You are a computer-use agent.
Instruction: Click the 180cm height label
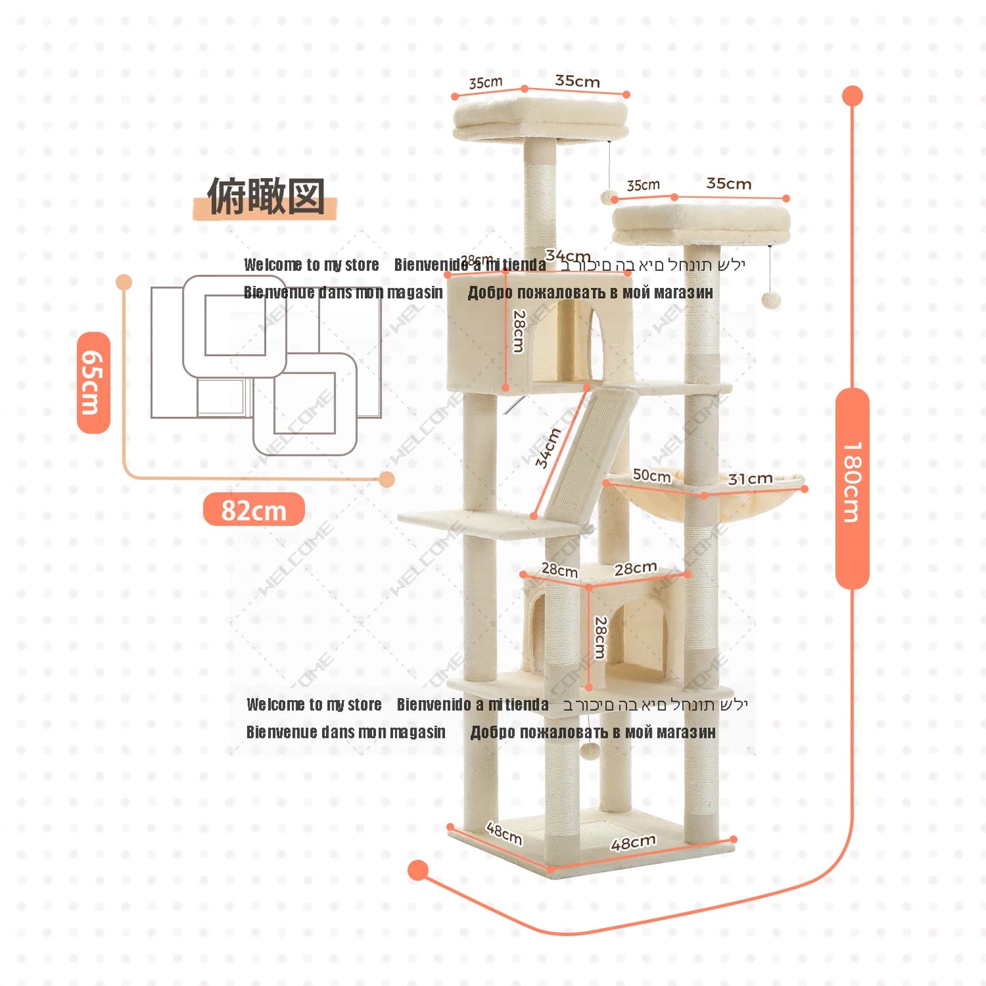(852, 482)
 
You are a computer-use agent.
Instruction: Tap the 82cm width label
(254, 510)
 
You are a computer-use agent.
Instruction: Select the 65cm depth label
(93, 383)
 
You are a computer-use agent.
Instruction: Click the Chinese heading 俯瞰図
(265, 197)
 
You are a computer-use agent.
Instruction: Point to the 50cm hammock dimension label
(651, 475)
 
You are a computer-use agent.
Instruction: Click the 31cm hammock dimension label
(750, 479)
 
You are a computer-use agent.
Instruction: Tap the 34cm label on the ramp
(547, 448)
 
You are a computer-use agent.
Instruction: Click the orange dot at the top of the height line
(852, 96)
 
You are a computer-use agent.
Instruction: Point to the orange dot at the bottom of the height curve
(418, 870)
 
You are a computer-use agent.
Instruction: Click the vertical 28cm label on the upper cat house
(519, 331)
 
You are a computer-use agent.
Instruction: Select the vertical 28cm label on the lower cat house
(600, 637)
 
